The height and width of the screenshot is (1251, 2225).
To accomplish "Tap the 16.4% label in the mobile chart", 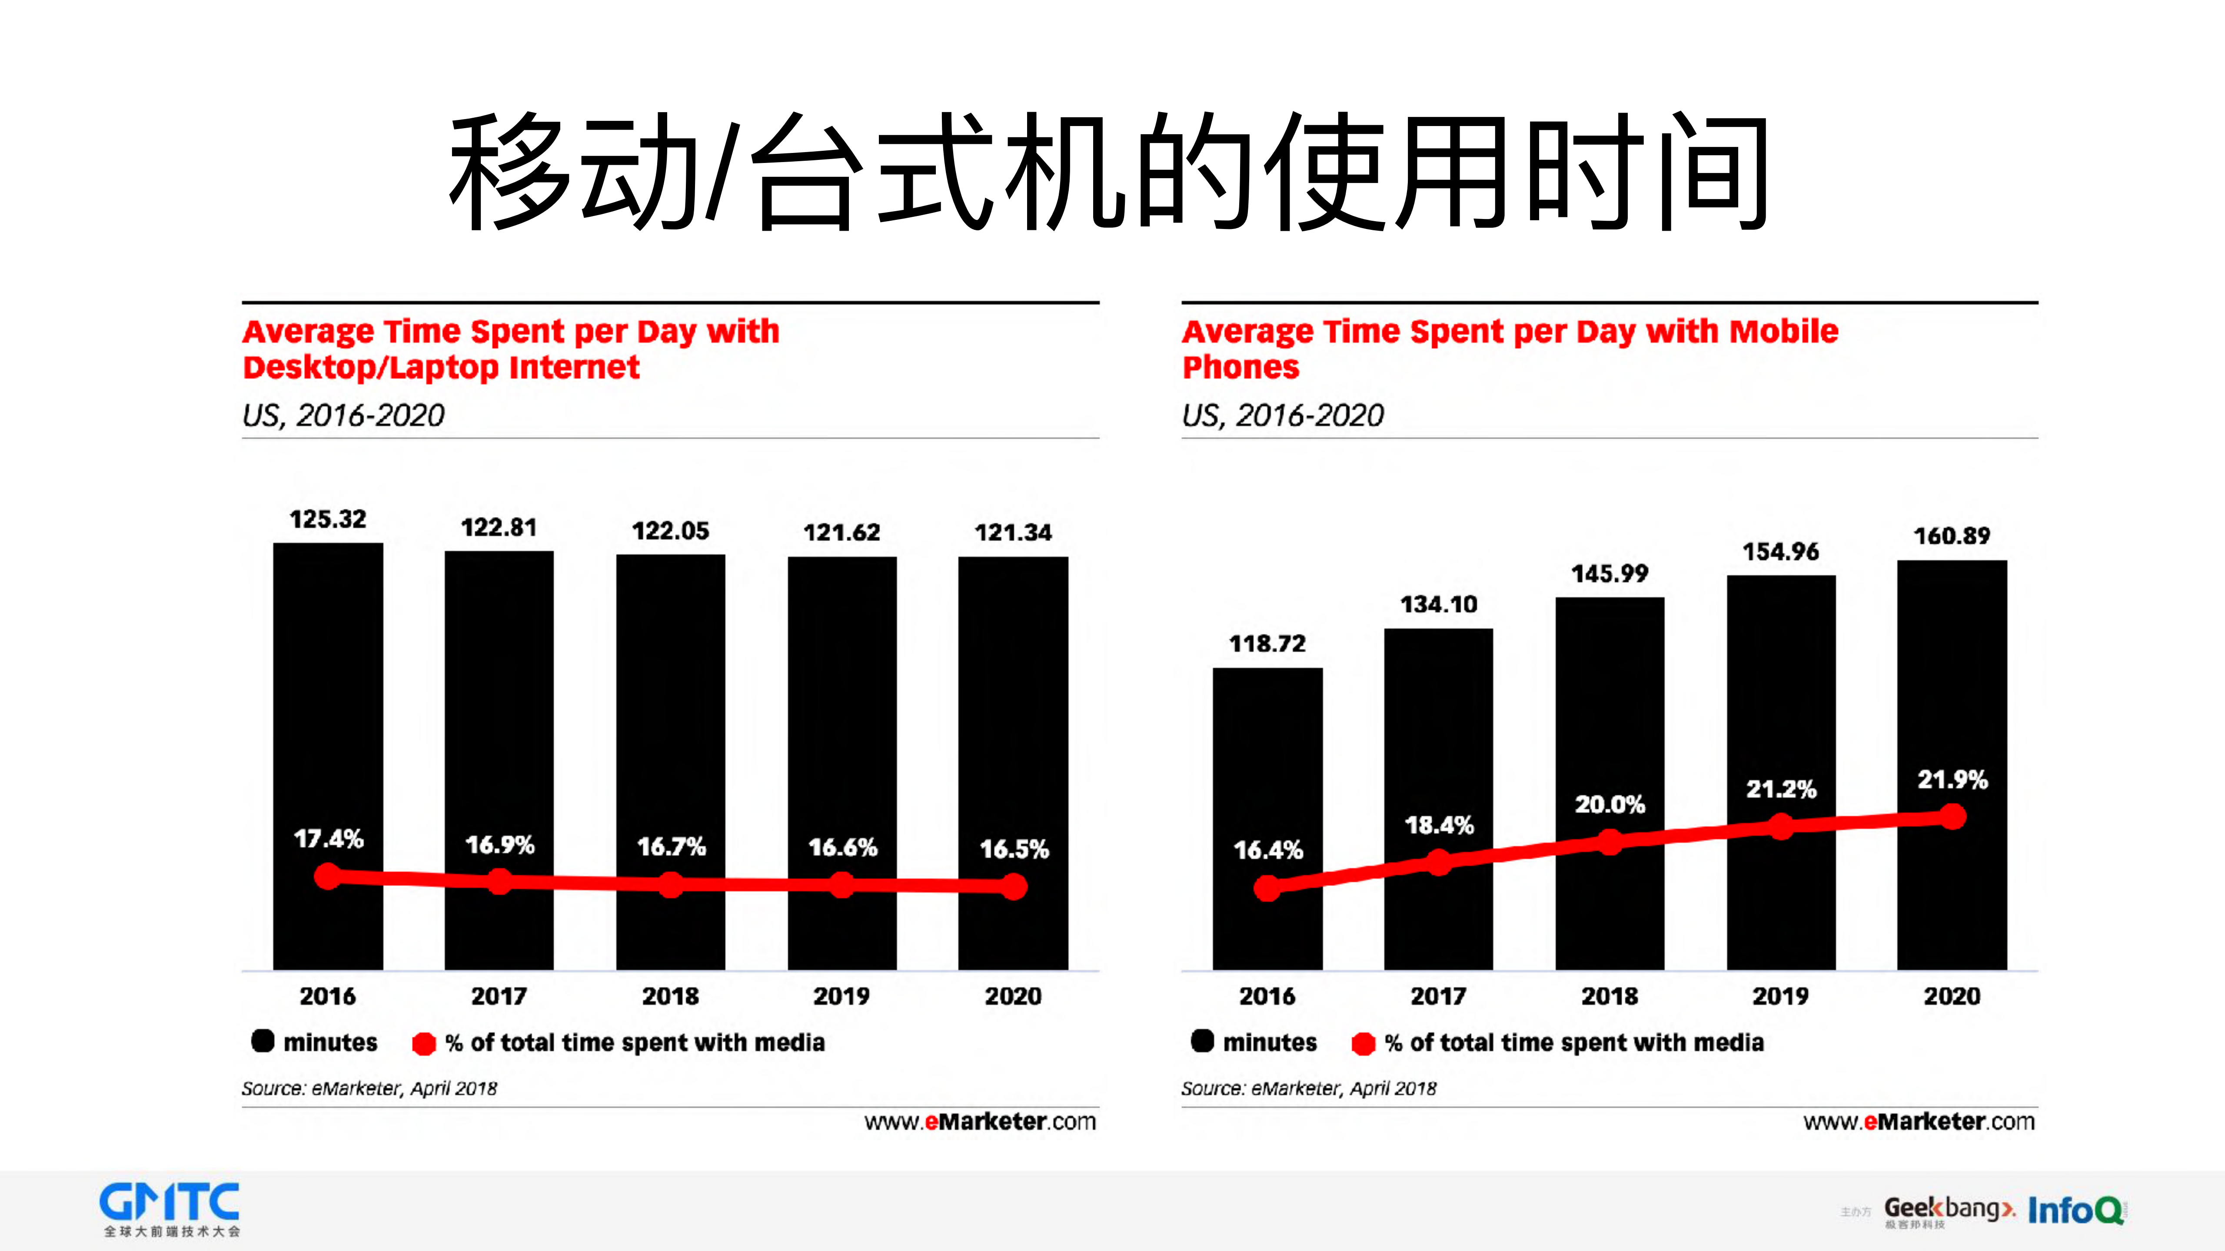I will pos(1267,850).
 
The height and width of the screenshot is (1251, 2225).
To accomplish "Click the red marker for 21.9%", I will pos(1952,817).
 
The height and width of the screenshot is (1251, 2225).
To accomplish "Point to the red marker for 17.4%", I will pos(327,876).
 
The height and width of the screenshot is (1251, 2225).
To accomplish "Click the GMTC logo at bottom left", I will pos(170,1209).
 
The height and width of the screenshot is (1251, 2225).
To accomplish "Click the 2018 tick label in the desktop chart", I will pos(670,996).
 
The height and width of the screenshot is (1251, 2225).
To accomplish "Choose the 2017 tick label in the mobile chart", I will pos(1438,996).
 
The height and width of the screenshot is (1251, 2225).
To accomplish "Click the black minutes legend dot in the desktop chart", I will pos(263,1041).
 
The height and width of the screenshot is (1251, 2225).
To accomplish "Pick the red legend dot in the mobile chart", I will pos(1363,1043).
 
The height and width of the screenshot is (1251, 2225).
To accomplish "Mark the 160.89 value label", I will pos(1951,536).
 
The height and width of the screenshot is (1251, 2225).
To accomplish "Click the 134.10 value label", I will pos(1438,604).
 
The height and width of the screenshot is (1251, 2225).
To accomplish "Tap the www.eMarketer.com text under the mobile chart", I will pos(1919,1122).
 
